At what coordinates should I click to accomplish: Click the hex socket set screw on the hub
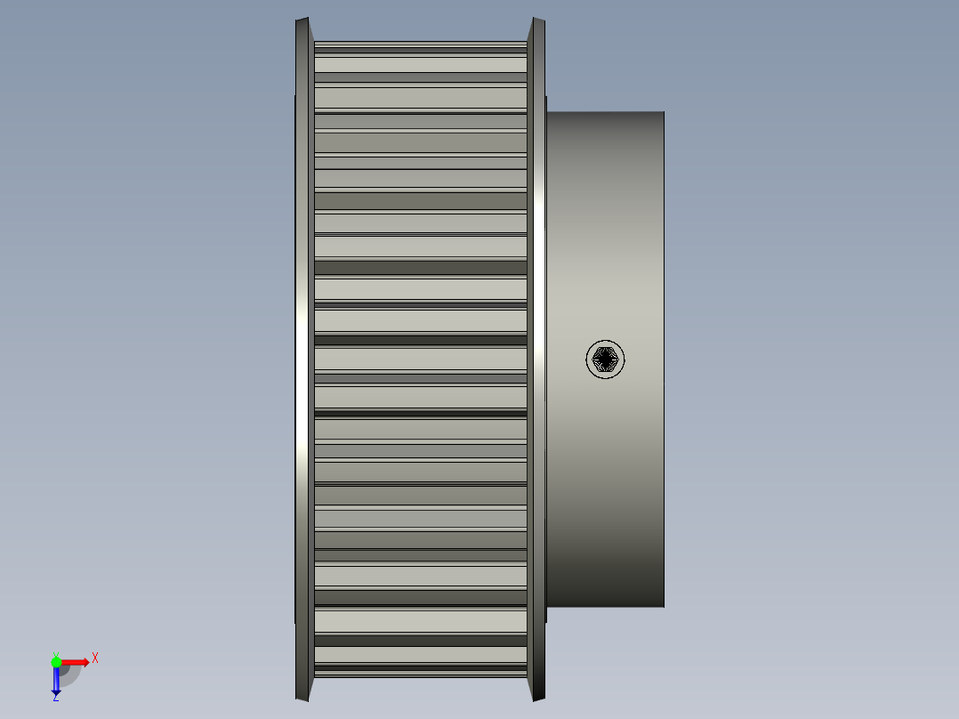click(x=605, y=359)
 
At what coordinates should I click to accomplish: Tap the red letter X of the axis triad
click(x=95, y=658)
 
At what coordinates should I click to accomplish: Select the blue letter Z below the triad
click(x=55, y=698)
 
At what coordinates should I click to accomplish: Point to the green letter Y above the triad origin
click(x=55, y=653)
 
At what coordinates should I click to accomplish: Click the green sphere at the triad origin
click(x=57, y=662)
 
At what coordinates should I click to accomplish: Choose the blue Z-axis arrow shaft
click(x=56, y=679)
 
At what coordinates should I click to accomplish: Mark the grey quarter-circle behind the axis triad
click(x=69, y=675)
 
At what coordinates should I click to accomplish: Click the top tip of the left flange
click(x=303, y=20)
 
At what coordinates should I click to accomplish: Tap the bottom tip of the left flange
click(x=303, y=699)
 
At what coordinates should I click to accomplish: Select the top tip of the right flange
click(x=537, y=20)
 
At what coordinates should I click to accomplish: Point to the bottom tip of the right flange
click(x=537, y=699)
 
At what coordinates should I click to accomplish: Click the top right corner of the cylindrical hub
click(x=663, y=113)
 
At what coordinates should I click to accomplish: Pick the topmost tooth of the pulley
click(x=420, y=44)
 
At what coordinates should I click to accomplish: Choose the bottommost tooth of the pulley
click(x=420, y=674)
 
